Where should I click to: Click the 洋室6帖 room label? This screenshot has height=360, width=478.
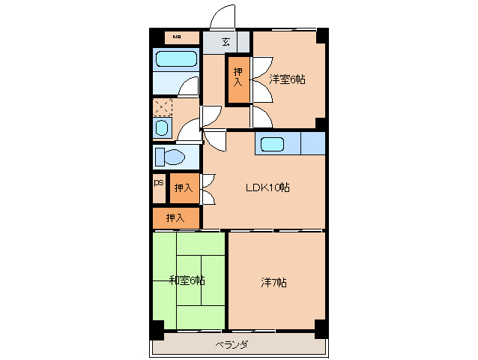288,79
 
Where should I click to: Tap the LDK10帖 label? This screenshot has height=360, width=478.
267,187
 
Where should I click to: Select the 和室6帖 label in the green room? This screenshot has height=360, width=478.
187,280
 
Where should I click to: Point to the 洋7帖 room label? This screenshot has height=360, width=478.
273,283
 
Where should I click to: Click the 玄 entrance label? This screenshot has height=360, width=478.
226,41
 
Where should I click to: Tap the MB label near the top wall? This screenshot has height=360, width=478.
178,37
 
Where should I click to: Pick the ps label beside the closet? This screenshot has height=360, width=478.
158,182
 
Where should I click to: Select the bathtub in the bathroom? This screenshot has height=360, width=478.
175,59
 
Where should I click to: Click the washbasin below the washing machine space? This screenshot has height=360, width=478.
161,127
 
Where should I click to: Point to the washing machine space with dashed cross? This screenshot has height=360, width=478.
162,107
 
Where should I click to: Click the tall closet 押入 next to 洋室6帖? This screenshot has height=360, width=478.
238,78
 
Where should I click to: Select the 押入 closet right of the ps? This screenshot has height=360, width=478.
184,187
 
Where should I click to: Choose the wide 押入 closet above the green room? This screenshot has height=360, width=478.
176,218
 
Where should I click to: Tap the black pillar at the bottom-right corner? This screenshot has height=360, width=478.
320,328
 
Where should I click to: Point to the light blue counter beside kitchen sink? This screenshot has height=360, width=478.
312,142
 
